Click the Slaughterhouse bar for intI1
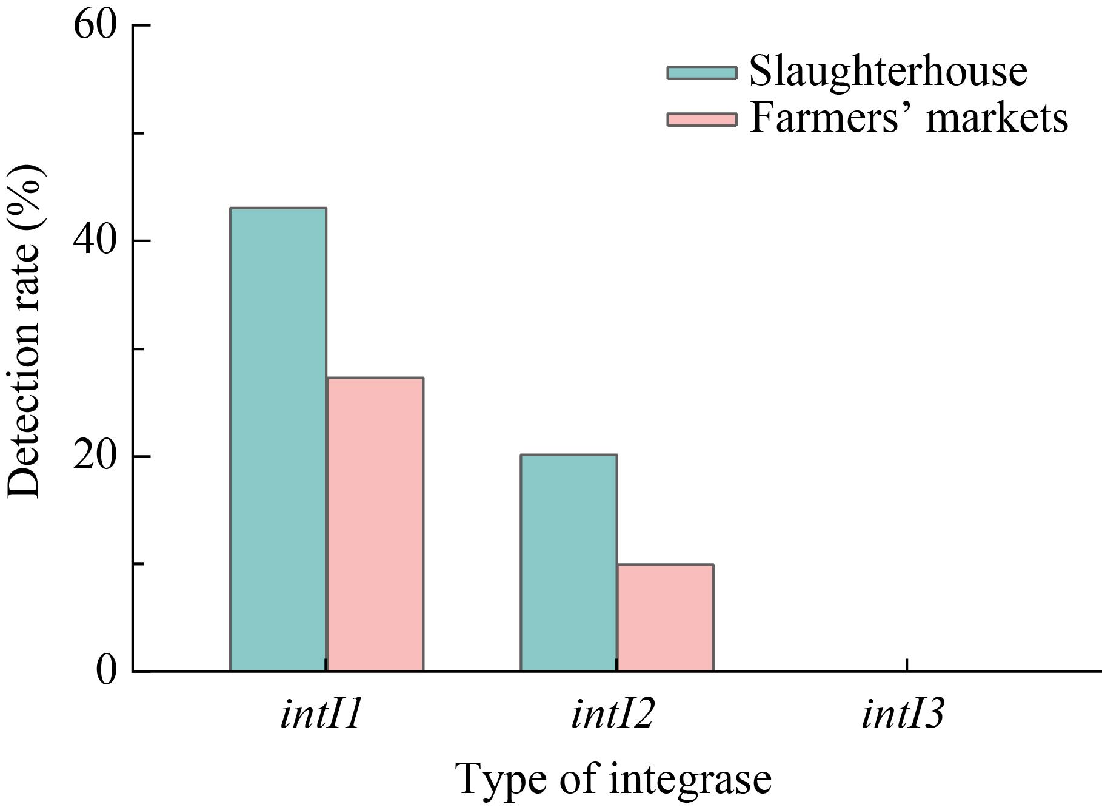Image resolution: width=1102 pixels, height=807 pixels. click(x=278, y=439)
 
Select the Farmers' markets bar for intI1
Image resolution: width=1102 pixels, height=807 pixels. click(x=375, y=524)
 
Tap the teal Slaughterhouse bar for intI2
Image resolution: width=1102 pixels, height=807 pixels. click(x=569, y=562)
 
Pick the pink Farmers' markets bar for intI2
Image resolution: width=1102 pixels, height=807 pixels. click(x=665, y=617)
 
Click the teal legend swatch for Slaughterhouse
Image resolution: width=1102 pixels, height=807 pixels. click(x=702, y=73)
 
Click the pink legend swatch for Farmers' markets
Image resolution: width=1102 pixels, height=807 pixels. click(x=702, y=119)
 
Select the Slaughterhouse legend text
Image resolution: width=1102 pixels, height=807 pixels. click(x=888, y=72)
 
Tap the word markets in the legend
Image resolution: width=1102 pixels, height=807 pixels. click(x=997, y=118)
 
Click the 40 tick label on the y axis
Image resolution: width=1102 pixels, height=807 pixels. click(x=95, y=241)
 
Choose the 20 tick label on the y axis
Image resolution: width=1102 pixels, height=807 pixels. click(x=95, y=456)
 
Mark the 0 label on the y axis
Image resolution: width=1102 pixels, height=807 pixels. click(x=106, y=672)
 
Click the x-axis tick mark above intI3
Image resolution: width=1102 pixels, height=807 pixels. click(x=907, y=664)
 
